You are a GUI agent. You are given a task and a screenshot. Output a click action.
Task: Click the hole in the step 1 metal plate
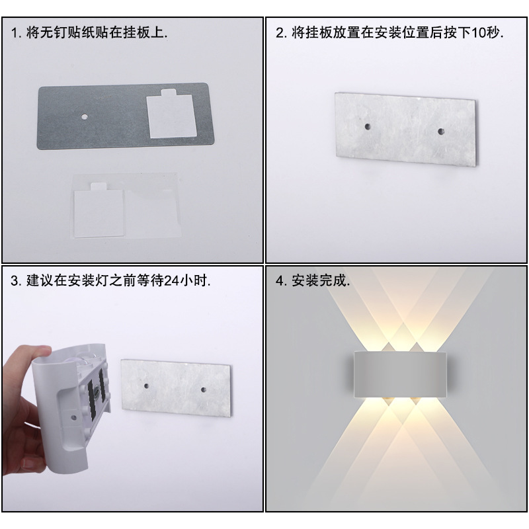(x=84, y=117)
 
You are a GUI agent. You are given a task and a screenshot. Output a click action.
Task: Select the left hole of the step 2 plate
(x=368, y=127)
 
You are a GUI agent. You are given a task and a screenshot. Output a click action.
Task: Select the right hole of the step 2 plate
(x=440, y=131)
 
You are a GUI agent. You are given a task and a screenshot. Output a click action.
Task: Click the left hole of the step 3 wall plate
(x=146, y=386)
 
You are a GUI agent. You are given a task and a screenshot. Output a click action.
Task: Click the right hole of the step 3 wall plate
(x=203, y=389)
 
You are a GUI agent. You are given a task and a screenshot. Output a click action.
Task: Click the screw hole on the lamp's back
(x=73, y=418)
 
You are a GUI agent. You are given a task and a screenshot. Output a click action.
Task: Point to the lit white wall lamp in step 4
(x=400, y=374)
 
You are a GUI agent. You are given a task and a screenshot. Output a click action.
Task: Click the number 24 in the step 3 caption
(x=171, y=280)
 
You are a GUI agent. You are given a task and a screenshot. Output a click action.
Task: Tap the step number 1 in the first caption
(x=14, y=33)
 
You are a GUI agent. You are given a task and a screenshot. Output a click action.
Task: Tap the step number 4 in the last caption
(x=279, y=280)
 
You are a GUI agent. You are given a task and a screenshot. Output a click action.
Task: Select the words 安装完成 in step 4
(x=319, y=280)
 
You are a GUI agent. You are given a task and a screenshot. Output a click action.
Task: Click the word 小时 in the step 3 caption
(x=192, y=280)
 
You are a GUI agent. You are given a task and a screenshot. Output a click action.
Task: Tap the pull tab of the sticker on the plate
(x=170, y=92)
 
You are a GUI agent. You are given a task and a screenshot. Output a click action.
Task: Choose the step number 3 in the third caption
(x=14, y=280)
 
